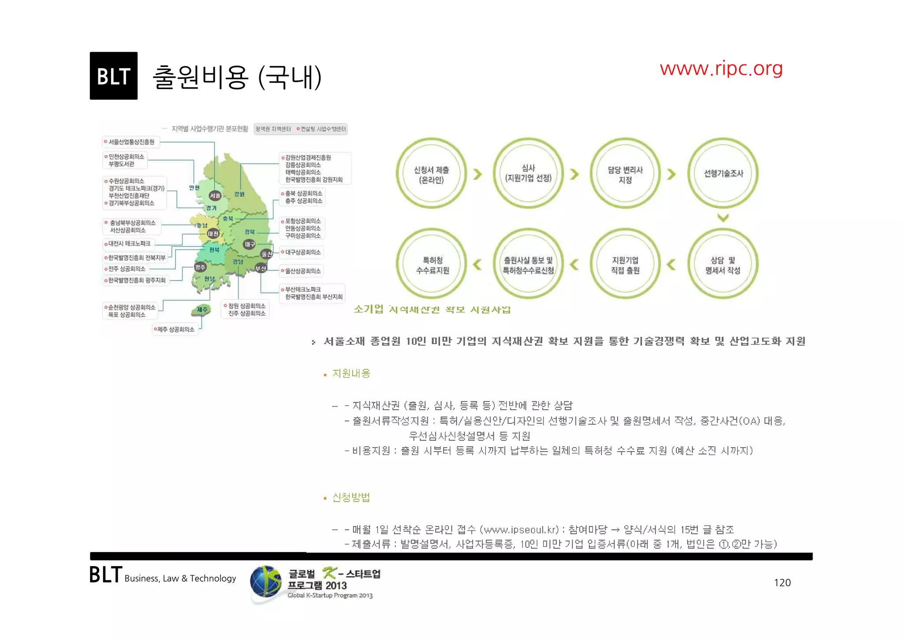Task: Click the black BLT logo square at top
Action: (113, 76)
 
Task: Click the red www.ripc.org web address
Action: (721, 68)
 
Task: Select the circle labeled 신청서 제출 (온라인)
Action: (431, 174)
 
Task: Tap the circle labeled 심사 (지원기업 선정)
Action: (528, 174)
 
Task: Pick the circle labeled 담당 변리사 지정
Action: (625, 174)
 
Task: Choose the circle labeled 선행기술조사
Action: (723, 174)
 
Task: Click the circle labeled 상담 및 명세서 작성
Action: (723, 265)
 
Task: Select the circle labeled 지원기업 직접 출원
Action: (625, 265)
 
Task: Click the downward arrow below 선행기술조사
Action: (723, 217)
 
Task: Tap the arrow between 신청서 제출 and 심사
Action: (478, 174)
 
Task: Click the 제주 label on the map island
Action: (202, 310)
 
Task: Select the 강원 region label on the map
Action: (239, 194)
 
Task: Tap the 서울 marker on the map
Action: (215, 195)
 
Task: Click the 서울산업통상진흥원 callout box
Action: (131, 142)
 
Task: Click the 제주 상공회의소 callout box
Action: (175, 329)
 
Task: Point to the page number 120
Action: (782, 583)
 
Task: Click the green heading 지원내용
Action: (351, 374)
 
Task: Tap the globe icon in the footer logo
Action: (266, 582)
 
